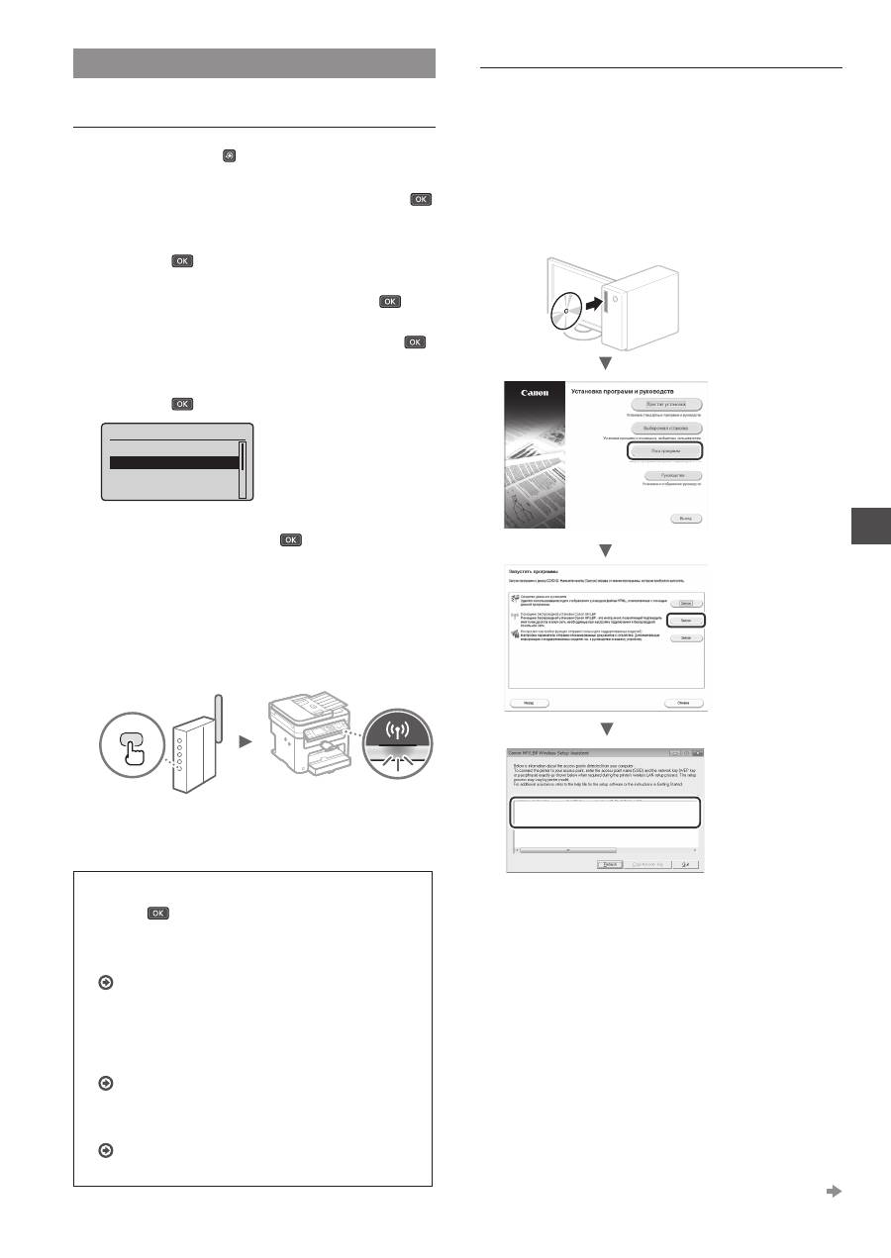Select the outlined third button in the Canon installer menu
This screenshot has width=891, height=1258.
coord(663,450)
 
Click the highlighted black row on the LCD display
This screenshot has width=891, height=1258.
coord(172,462)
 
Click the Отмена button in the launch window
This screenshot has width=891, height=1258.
coord(682,703)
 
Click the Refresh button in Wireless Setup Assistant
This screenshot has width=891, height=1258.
coord(609,864)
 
